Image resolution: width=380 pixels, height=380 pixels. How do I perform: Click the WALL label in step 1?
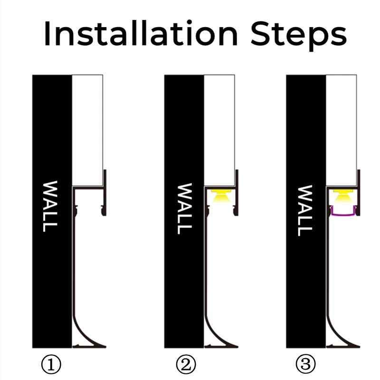pyautogui.click(x=49, y=206)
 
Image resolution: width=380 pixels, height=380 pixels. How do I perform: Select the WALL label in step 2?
pyautogui.click(x=184, y=209)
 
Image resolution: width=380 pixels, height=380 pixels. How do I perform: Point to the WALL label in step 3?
pyautogui.click(x=306, y=211)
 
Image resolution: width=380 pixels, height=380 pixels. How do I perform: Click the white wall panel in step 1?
pyautogui.click(x=87, y=128)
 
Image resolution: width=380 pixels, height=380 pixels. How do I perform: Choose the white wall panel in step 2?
pyautogui.click(x=219, y=128)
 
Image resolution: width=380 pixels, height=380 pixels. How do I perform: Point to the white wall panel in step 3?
pyautogui.click(x=341, y=128)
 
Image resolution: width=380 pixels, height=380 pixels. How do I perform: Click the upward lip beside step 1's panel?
pyautogui.click(x=105, y=178)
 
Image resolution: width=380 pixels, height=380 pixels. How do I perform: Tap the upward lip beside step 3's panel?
pyautogui.click(x=359, y=178)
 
